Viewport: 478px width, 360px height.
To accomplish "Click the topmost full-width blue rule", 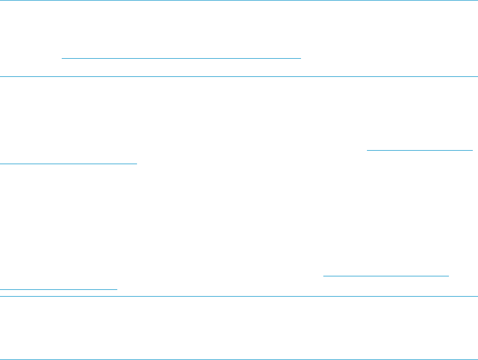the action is coord(239,1).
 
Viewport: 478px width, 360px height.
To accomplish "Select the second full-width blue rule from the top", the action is coord(239,77).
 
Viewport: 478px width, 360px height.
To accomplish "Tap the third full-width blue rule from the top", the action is coord(239,297).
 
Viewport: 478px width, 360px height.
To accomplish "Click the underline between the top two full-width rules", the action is coord(181,59).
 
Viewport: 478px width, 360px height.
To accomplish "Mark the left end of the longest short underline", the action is coord(62,59).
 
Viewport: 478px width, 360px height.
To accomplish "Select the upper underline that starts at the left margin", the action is coord(68,163).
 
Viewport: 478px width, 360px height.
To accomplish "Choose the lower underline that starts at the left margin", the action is coord(59,289).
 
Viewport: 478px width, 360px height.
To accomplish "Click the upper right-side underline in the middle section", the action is coord(420,150).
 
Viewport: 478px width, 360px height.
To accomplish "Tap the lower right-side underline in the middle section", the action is coord(386,276).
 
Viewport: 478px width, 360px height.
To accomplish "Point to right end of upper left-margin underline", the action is coord(136,163).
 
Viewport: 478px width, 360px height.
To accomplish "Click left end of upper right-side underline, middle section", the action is coord(367,150).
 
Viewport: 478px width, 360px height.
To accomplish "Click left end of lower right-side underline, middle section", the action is coord(323,276).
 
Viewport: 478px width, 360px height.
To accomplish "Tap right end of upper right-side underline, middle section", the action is coord(473,150).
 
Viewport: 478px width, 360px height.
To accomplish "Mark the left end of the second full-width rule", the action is coord(1,77).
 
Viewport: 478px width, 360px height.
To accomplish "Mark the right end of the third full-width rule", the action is coord(477,297).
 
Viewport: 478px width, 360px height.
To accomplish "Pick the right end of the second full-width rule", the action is coord(477,77).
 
